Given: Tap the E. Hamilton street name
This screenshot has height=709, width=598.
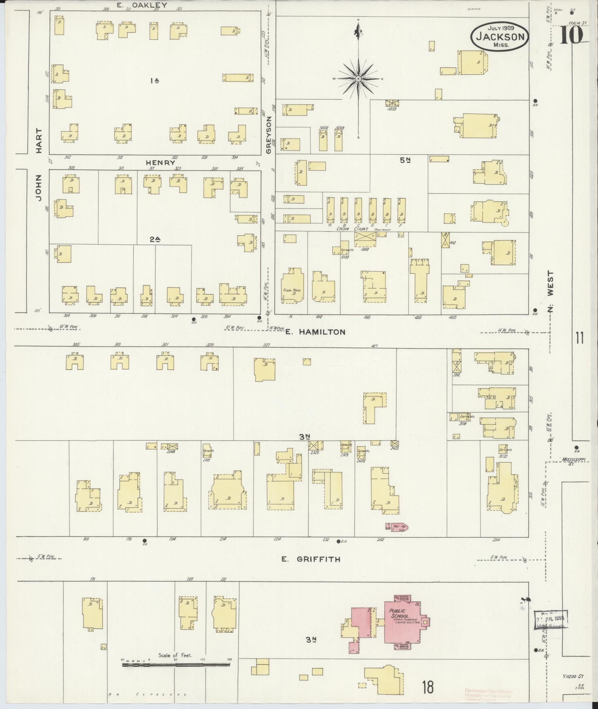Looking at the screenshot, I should tap(315, 332).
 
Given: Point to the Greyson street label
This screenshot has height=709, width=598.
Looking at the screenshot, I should tap(270, 135).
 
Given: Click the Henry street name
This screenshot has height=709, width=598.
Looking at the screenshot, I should tap(160, 162).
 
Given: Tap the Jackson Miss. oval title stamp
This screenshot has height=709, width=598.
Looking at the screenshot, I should tap(500, 36).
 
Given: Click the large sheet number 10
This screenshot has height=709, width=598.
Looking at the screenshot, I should tap(571, 36).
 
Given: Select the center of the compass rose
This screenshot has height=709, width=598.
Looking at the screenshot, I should tap(359, 79).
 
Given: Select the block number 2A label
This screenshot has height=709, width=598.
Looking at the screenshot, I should tap(155, 239).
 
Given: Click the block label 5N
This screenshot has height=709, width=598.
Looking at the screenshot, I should tap(405, 160).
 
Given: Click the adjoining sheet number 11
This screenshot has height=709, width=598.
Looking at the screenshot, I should tap(580, 338).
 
